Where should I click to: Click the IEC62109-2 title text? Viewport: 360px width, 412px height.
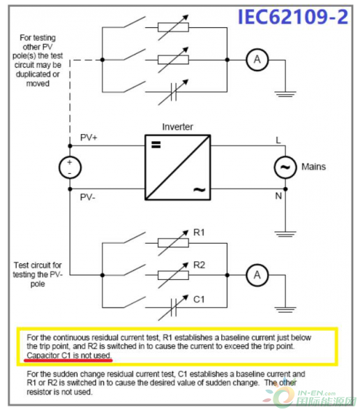[x=293, y=17]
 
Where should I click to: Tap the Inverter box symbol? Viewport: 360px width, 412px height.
[x=178, y=168]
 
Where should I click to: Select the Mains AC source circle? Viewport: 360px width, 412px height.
[x=285, y=168]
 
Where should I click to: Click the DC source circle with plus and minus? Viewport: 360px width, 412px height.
[x=70, y=168]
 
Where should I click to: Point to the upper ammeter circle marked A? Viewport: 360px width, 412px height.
[x=257, y=60]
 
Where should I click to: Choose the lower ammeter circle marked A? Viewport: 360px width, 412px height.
[x=257, y=275]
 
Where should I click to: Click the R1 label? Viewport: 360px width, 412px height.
[x=199, y=233]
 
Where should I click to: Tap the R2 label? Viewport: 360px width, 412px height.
[x=199, y=265]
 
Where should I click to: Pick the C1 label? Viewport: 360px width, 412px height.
[x=199, y=300]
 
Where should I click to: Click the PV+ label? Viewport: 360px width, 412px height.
[x=89, y=138]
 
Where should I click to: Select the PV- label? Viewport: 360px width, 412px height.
[x=87, y=197]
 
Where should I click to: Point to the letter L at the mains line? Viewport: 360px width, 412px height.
[x=278, y=140]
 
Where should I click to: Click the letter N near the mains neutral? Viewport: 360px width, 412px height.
[x=278, y=196]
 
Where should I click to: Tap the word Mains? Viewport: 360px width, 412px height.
[x=313, y=167]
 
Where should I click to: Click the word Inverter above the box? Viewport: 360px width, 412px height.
[x=177, y=127]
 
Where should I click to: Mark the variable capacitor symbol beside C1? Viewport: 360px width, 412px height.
[x=173, y=307]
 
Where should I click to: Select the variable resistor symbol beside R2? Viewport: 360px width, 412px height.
[x=173, y=275]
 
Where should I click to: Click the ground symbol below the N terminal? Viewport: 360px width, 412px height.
[x=285, y=234]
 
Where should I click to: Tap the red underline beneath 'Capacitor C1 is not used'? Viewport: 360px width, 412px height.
[x=68, y=360]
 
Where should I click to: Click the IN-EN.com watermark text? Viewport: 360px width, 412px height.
[x=317, y=393]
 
